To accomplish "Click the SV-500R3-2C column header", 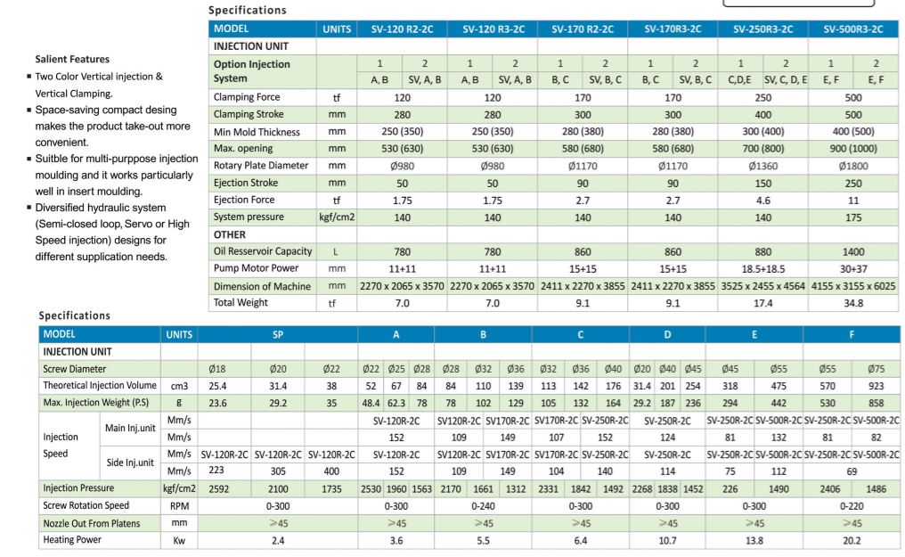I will point(853,29).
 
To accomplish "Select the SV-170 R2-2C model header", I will point(583,29).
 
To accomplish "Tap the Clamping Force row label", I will point(246,97).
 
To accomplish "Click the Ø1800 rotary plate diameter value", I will point(853,166).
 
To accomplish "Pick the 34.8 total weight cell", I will point(853,303).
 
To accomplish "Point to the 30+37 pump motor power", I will point(853,268).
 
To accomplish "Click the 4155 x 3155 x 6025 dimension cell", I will point(853,286).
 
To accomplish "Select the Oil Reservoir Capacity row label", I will point(262,251).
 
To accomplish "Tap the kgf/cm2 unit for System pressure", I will point(337,217).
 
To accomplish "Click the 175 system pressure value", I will point(853,217).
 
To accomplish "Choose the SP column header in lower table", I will point(278,334).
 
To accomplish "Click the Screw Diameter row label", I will point(74,369).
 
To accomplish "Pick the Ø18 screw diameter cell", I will point(217,369).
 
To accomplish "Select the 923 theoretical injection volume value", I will point(876,386).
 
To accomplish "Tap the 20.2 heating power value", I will point(852,540).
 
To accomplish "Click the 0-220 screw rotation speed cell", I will point(852,506).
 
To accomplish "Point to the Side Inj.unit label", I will point(129,463).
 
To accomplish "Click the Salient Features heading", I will point(72,60).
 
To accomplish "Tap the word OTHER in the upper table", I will point(229,234).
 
